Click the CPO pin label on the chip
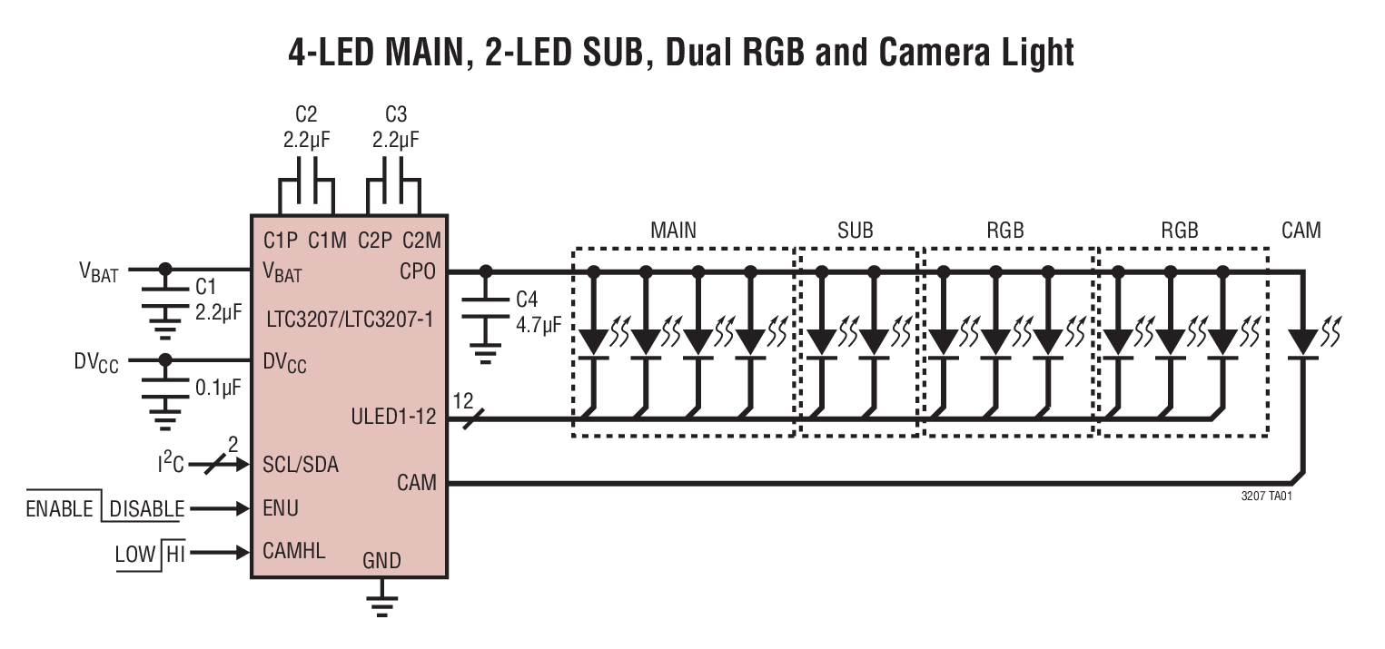click(419, 271)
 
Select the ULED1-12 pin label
click(393, 418)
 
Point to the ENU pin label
click(281, 507)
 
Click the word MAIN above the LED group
click(673, 231)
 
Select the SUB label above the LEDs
click(855, 231)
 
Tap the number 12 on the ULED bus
click(463, 399)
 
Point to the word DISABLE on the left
click(146, 508)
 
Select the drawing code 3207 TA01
click(1266, 497)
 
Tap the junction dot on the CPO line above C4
click(486, 270)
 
